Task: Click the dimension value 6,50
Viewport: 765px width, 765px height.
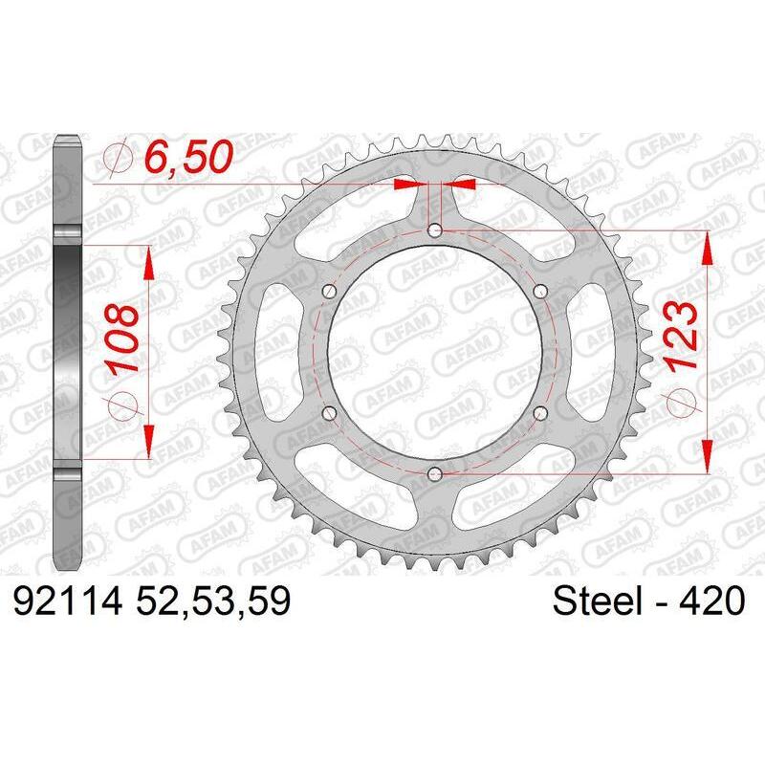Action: click(x=187, y=158)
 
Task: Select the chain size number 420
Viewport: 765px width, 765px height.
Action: click(x=707, y=602)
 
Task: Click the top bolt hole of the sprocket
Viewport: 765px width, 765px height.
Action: click(x=435, y=230)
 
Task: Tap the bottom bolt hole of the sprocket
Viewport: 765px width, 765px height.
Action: click(x=435, y=472)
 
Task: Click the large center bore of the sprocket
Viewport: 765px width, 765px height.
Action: click(x=435, y=351)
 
